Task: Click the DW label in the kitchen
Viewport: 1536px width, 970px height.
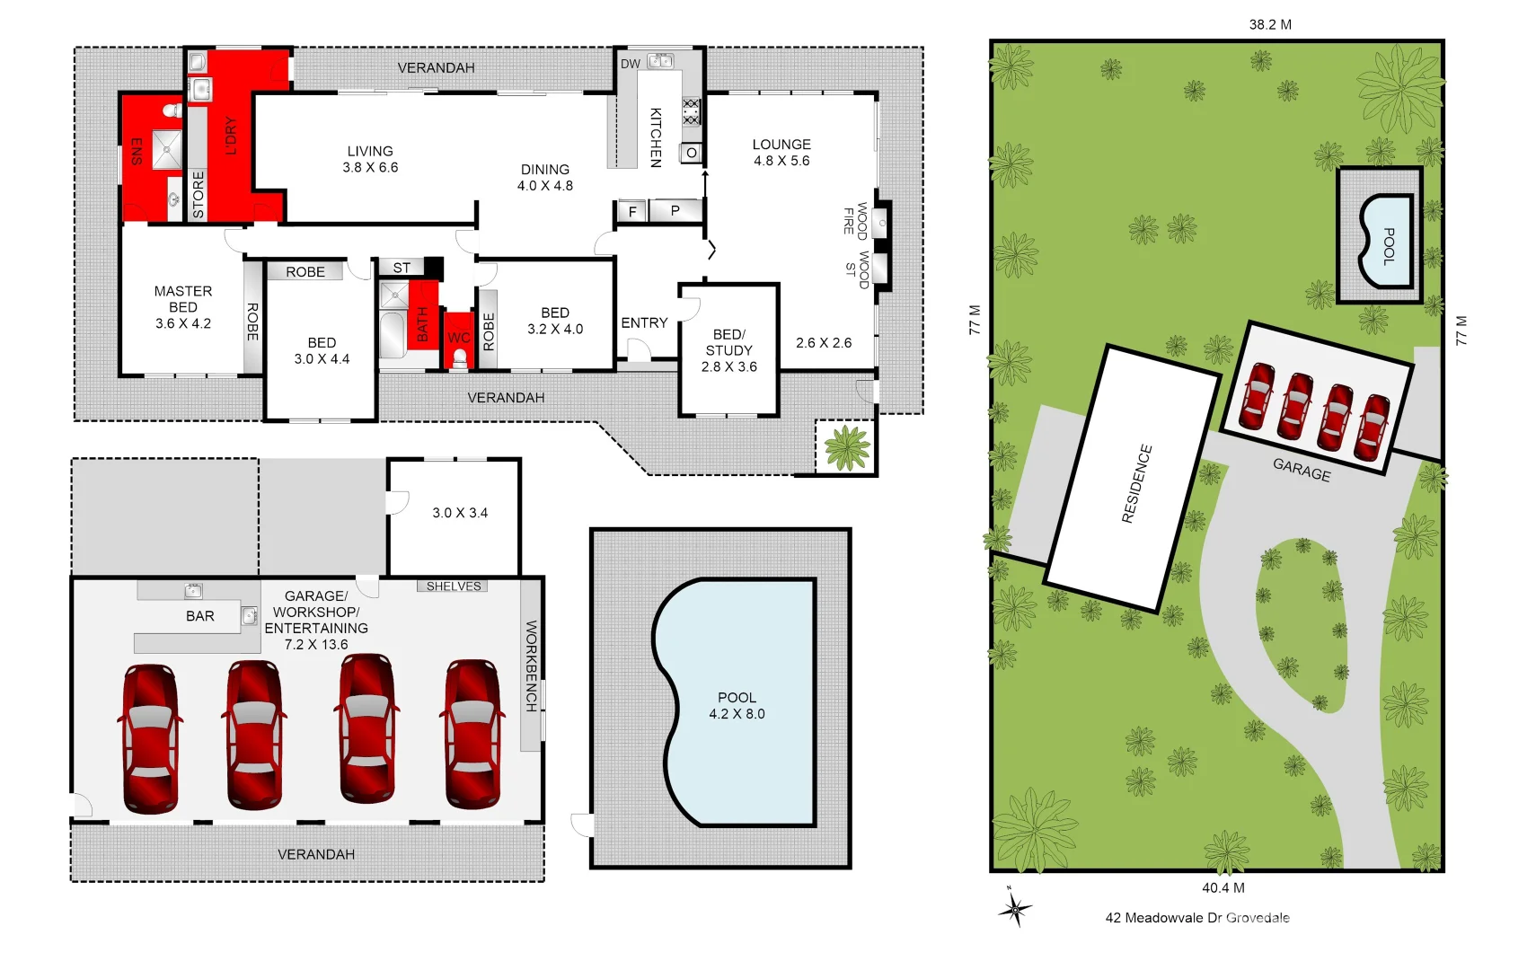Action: coord(631,64)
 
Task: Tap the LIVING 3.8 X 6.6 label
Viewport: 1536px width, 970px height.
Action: coord(370,160)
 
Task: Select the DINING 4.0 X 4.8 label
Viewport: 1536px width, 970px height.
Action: coord(545,178)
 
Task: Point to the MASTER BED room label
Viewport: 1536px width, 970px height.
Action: coord(183,307)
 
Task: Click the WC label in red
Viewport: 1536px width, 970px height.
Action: coord(458,338)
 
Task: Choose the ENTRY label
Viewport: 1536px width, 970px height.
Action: coord(644,322)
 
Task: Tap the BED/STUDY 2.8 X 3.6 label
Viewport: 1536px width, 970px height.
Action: coord(728,350)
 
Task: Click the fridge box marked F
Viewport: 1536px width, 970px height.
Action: coord(632,212)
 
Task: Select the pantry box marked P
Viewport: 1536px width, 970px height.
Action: coord(675,211)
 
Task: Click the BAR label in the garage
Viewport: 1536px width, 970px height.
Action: coord(200,616)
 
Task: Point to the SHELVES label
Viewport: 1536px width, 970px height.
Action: coord(454,586)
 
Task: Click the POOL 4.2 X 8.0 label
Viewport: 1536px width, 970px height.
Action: coord(737,706)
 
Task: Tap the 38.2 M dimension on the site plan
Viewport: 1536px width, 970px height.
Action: coord(1270,24)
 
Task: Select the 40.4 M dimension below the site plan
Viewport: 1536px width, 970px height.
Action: coord(1223,887)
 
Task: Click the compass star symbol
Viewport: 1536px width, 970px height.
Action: coord(1015,910)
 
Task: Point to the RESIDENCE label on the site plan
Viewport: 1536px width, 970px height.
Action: coord(1136,483)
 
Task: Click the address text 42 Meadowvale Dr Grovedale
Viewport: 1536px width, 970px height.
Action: coord(1197,918)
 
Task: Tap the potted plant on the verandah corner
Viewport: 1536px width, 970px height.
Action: coord(846,446)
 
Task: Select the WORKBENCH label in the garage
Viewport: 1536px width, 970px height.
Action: coord(531,666)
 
